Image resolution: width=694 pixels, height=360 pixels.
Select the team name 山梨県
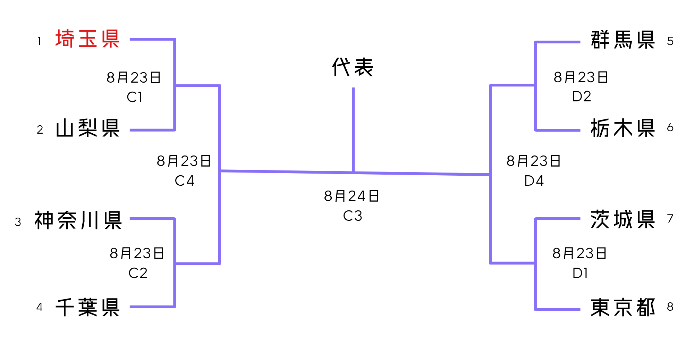click(x=87, y=128)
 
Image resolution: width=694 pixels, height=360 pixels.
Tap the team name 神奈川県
click(x=78, y=220)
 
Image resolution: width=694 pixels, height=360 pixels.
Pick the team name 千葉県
click(x=87, y=307)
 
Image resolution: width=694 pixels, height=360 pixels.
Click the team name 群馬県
click(x=623, y=40)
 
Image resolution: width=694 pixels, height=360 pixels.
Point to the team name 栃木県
click(x=623, y=128)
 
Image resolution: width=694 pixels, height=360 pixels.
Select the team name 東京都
click(x=623, y=307)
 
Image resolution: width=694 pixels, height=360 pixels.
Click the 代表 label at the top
click(x=353, y=67)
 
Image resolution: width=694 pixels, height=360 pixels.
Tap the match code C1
click(x=135, y=97)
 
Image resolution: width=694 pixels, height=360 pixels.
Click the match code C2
click(x=138, y=273)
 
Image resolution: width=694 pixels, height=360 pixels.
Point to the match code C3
click(x=353, y=216)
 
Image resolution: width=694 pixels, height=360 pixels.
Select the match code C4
click(x=184, y=181)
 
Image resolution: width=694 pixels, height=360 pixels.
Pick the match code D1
click(x=580, y=273)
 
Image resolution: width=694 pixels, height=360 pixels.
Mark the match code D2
click(x=582, y=97)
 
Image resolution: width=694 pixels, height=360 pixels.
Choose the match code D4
click(x=534, y=181)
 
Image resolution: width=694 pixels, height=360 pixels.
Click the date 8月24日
click(x=352, y=196)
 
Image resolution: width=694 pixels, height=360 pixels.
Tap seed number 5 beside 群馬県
click(x=670, y=41)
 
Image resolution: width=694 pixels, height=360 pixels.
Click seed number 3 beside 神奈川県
click(x=18, y=222)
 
